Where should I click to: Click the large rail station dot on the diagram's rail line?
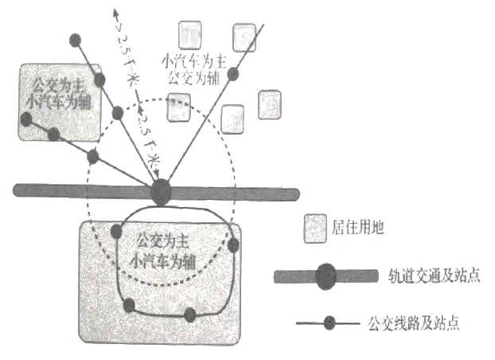162,192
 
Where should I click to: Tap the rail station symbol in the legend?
325,276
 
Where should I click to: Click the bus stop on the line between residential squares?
233,75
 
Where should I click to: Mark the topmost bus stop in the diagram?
75,40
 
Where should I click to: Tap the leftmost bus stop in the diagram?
26,119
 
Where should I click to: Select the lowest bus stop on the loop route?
189,315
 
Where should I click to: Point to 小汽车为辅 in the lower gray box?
160,259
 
